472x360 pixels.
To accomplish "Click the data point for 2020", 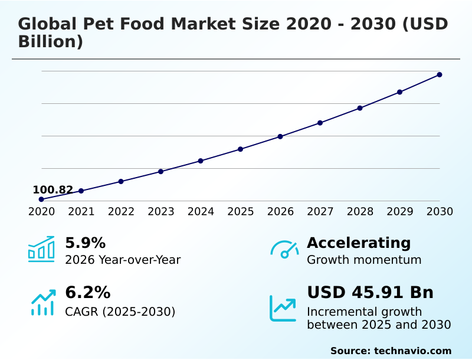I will coord(41,199).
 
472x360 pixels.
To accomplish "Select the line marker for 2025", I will coord(241,149).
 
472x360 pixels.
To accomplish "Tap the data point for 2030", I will coord(440,74).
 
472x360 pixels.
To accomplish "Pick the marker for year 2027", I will coord(320,123).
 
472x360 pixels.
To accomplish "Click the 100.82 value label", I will coord(53,190).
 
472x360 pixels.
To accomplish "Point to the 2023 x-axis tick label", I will coord(161,212).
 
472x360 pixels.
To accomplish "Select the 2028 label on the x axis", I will coord(360,212).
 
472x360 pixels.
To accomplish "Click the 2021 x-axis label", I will coord(81,212).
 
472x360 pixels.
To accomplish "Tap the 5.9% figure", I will coord(85,243).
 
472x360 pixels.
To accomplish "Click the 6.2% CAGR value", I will coord(87,293).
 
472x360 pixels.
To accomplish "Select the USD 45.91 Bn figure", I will coord(370,293).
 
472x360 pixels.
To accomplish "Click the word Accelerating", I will coord(359,243).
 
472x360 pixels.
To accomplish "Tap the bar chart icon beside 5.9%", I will coord(41,250).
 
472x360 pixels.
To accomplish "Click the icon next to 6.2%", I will coord(42,302).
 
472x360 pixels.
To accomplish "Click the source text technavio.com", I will coord(412,351).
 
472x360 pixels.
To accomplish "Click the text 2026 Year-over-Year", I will coord(123,260).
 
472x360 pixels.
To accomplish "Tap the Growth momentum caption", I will coord(364,260).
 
